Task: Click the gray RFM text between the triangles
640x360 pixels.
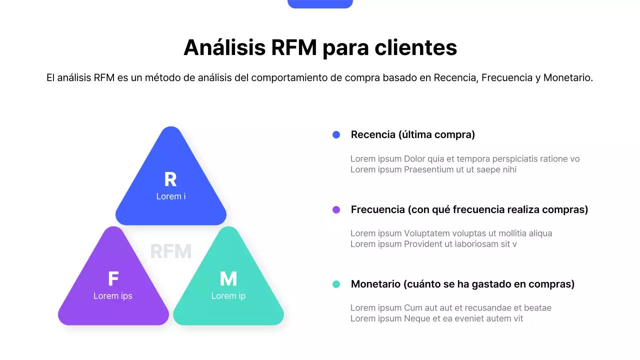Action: click(171, 251)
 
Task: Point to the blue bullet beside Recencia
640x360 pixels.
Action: click(336, 134)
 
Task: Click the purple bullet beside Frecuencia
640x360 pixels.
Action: click(336, 209)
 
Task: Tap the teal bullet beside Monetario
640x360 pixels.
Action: click(336, 284)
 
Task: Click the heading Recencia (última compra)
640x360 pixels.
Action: click(412, 134)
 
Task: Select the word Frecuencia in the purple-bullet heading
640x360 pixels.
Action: click(377, 209)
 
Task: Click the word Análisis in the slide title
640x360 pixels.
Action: click(224, 47)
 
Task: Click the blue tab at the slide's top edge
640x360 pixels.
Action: click(320, 3)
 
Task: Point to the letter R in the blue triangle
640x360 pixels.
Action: click(170, 179)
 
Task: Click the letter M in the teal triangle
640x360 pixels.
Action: click(228, 279)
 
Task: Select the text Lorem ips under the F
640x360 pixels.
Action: click(113, 296)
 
